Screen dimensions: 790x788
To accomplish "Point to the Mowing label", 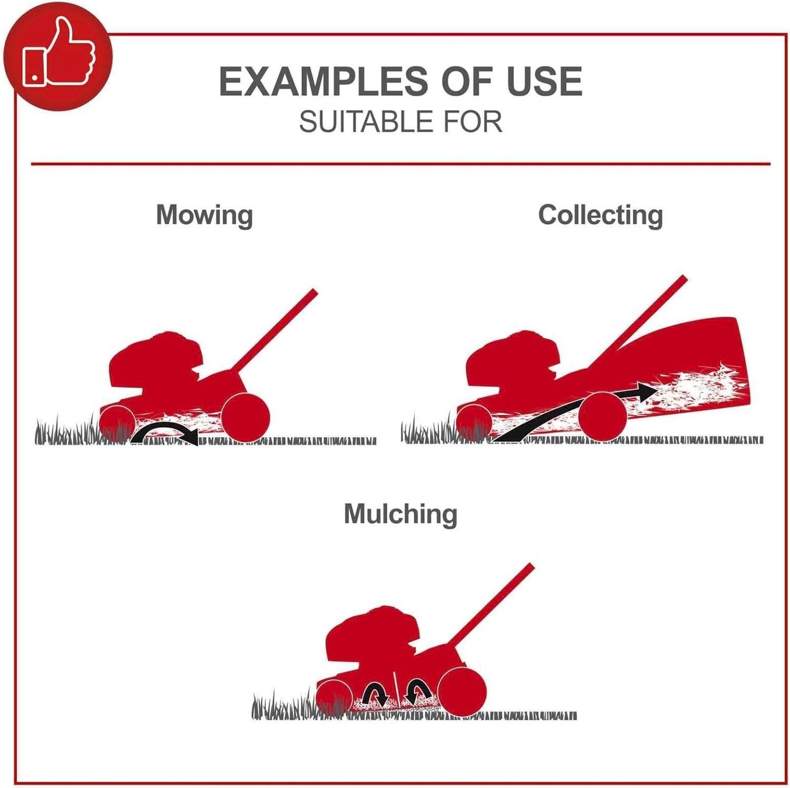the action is click(204, 215).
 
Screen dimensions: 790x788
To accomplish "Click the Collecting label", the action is click(600, 215).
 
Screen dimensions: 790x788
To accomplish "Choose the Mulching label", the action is click(401, 514).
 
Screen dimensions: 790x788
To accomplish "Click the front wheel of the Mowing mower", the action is click(118, 423).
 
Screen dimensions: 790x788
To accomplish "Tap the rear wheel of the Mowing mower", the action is click(245, 417).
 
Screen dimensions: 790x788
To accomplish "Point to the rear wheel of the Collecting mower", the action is click(602, 416).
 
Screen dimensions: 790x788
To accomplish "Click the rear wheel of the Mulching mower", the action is click(462, 692).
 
